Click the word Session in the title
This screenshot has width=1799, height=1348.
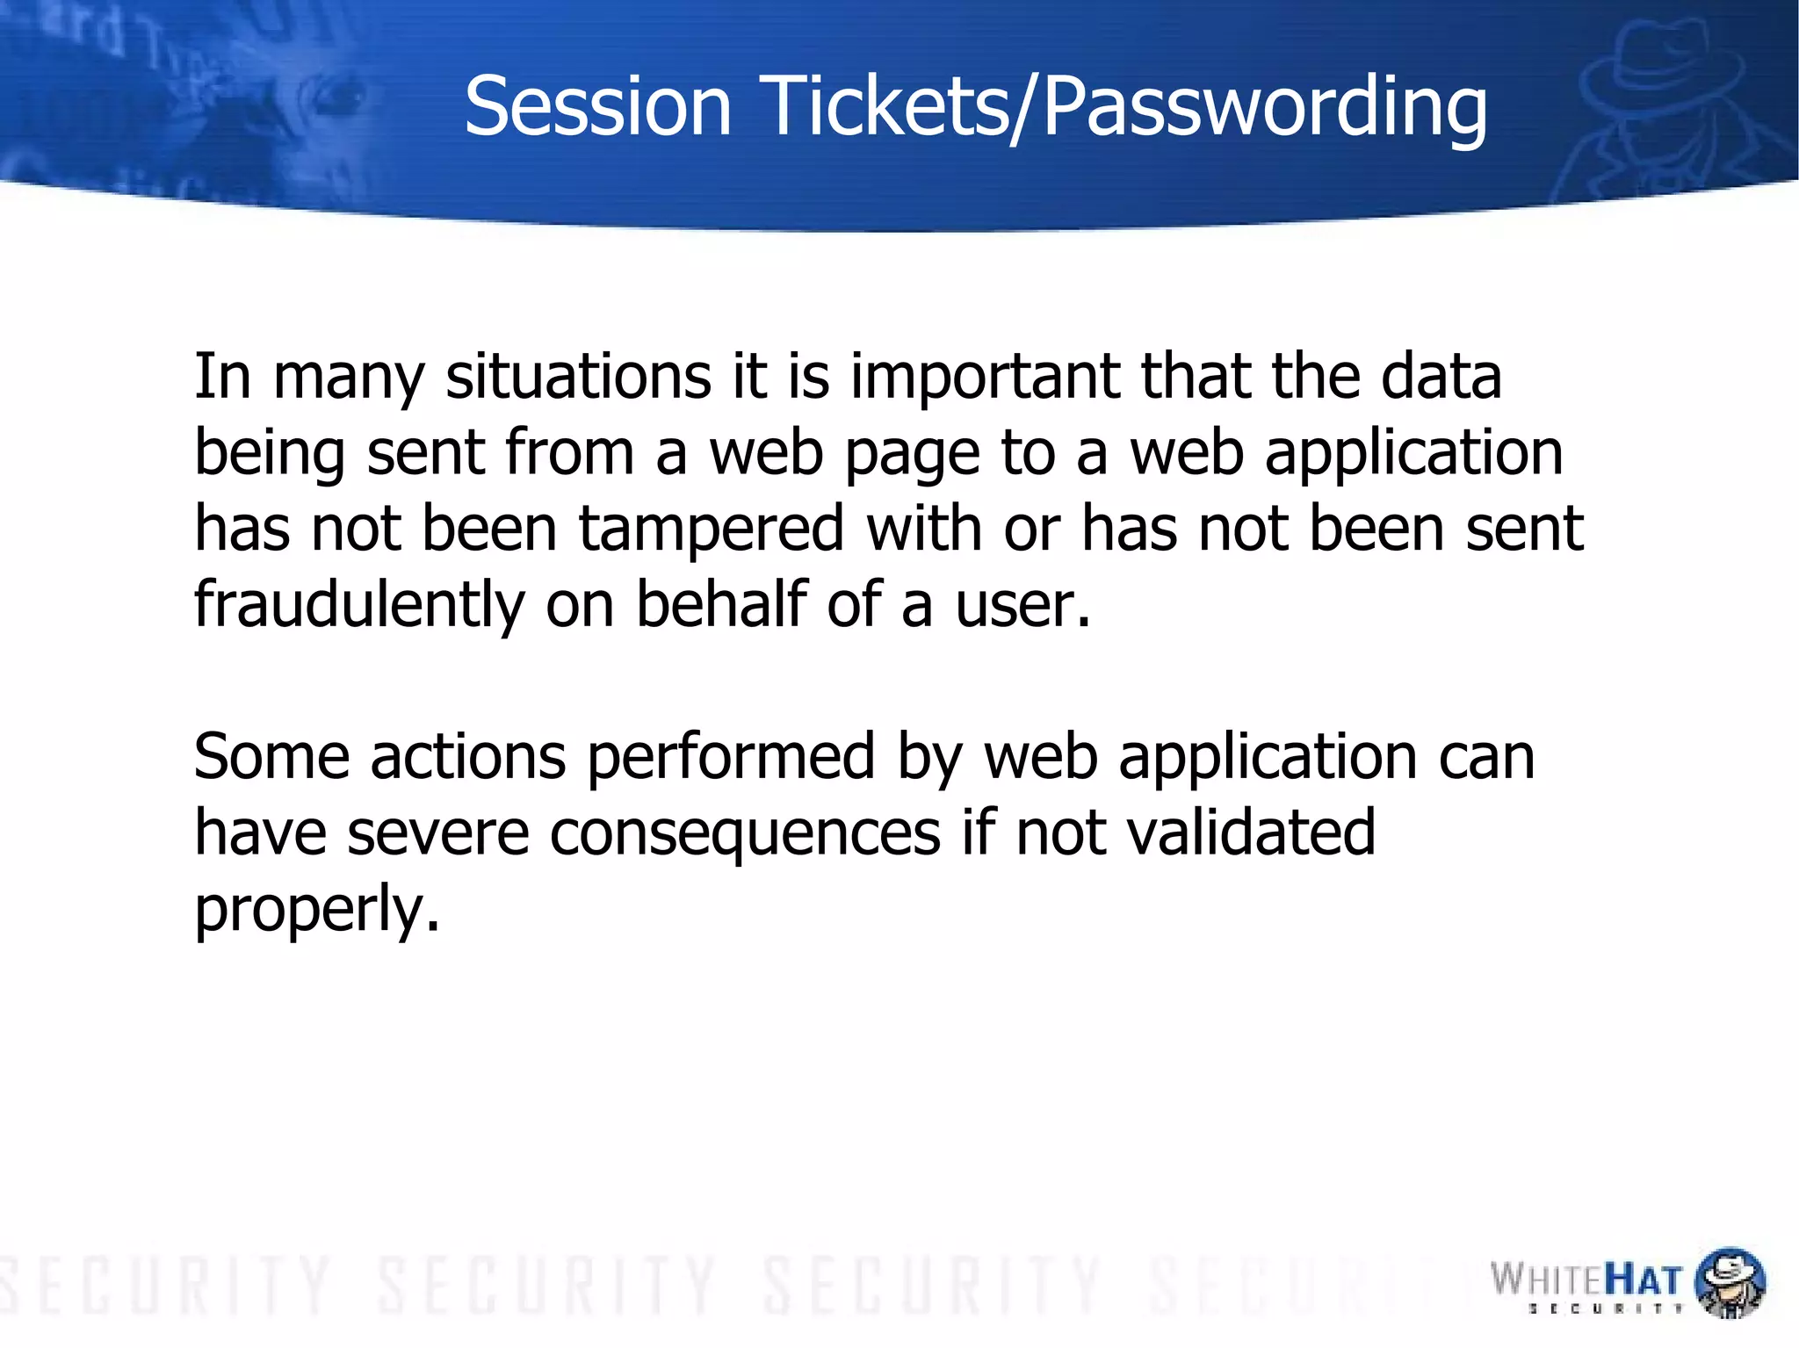tap(597, 106)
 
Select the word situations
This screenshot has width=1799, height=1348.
tap(578, 377)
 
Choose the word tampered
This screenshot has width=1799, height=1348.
tap(712, 529)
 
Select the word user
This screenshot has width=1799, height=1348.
tap(1022, 606)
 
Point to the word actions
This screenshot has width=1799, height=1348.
tap(467, 758)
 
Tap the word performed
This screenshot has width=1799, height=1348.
tap(731, 758)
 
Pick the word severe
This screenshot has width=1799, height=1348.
tap(437, 833)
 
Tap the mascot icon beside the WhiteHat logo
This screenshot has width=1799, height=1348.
tap(1729, 1282)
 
